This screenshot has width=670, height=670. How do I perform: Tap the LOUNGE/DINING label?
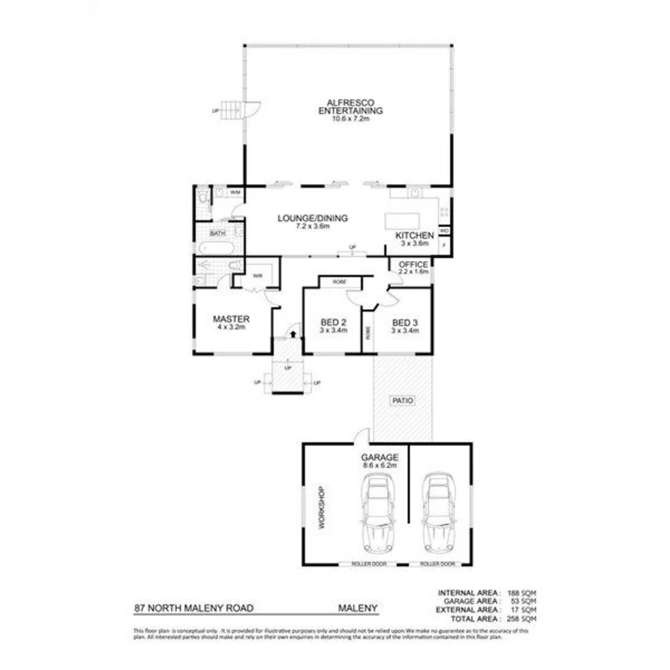tap(313, 218)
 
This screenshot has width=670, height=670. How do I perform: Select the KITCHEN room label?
tap(414, 235)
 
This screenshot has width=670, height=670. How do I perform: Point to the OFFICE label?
tap(413, 264)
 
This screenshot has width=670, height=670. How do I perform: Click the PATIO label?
tap(403, 401)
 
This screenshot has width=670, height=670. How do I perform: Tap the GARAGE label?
tap(380, 457)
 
